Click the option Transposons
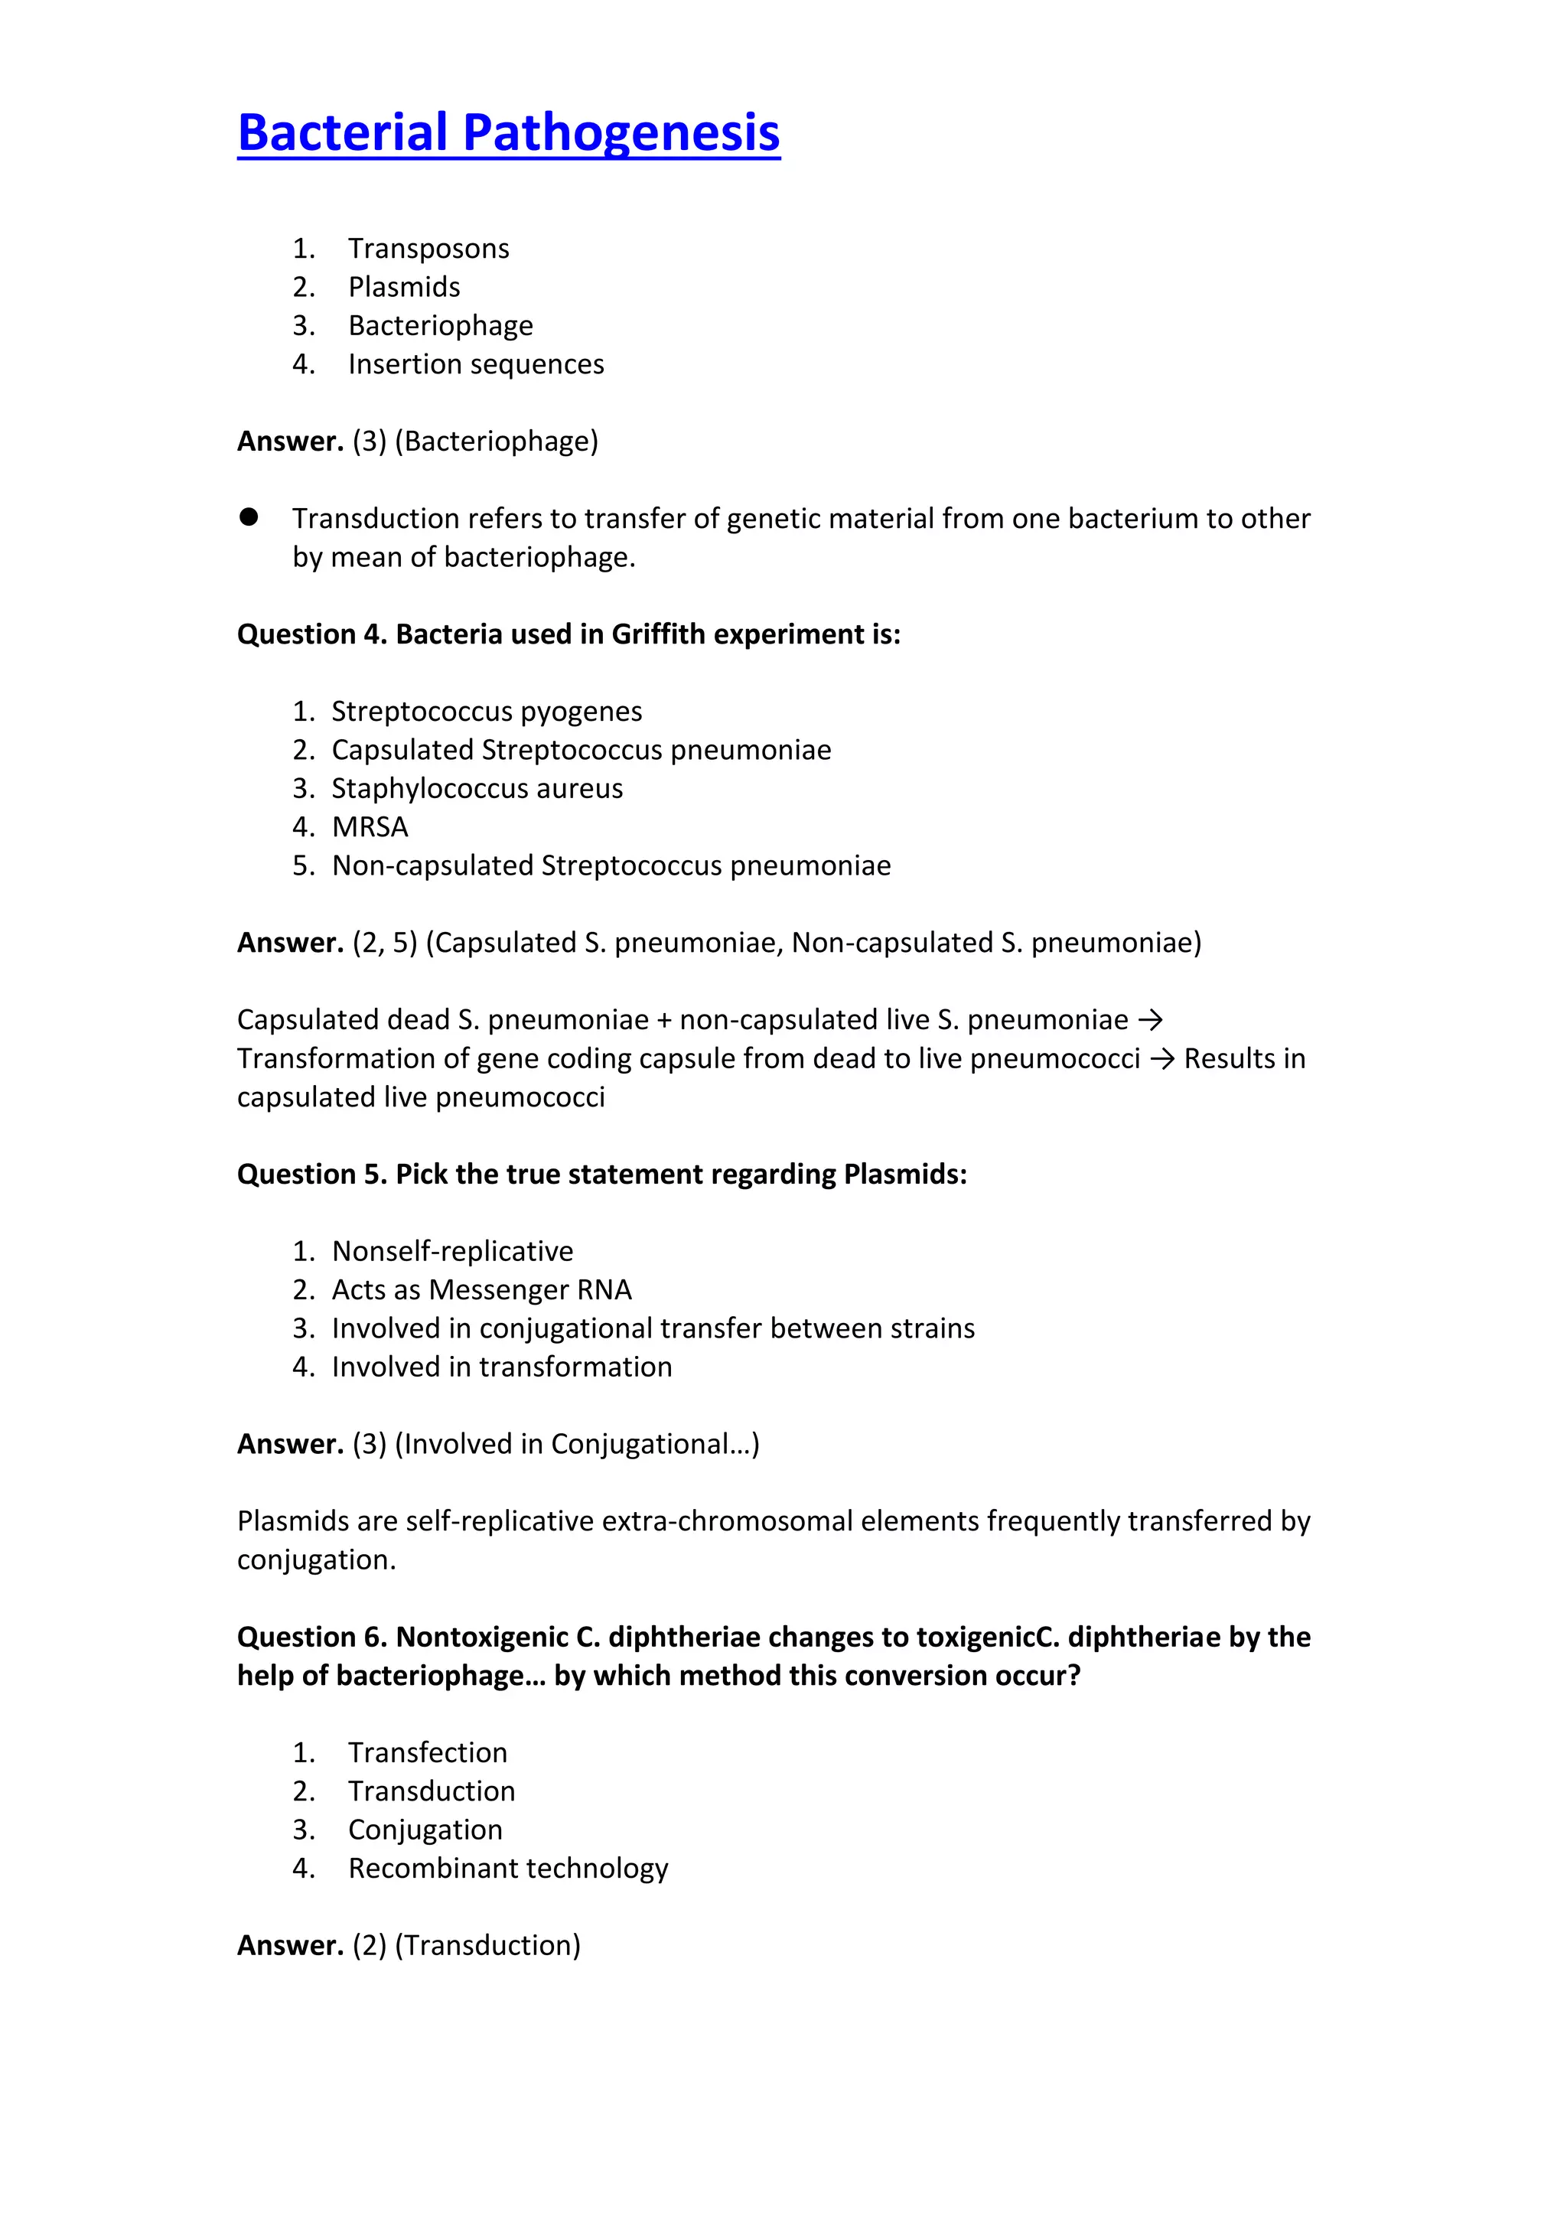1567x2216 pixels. tap(428, 249)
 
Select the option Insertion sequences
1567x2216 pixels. tap(476, 365)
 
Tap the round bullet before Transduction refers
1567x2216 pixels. tap(249, 517)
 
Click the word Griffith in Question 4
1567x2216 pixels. tap(658, 634)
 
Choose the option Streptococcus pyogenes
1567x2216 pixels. tap(487, 712)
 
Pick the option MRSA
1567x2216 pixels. tap(370, 827)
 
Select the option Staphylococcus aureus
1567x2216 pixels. tap(477, 789)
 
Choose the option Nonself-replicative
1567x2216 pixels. tap(451, 1252)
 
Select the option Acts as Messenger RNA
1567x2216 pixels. tap(481, 1290)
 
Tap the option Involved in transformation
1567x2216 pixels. tap(502, 1367)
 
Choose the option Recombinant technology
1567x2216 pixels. tap(507, 1869)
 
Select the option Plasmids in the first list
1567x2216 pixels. tap(403, 288)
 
